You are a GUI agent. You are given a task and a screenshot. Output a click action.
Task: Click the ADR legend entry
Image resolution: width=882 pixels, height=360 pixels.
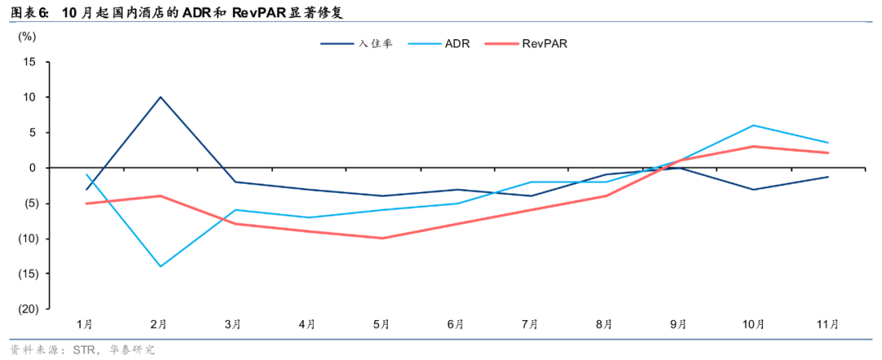457,44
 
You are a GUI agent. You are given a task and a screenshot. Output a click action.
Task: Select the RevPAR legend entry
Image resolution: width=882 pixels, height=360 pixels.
545,44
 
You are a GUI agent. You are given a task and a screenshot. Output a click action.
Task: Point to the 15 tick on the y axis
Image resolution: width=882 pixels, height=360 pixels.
30,62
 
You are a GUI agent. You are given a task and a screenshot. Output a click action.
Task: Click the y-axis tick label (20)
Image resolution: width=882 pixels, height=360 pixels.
28,309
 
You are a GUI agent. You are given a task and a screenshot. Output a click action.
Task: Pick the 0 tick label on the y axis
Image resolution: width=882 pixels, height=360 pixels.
33,168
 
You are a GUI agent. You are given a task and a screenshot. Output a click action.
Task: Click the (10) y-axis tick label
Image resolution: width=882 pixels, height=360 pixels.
28,238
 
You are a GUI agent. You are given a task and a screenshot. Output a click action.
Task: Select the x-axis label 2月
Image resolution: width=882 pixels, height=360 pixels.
160,324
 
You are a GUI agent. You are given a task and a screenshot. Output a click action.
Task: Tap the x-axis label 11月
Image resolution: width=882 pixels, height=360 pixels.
828,324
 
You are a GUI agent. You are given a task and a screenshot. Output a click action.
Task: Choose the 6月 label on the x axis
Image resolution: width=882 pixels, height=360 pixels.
457,324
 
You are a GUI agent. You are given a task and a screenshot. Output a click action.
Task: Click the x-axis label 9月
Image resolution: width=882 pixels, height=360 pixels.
679,324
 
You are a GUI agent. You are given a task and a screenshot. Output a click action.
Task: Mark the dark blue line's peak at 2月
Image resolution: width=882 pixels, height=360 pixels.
160,97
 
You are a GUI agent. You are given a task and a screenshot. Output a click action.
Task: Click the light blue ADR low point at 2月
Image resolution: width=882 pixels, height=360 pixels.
160,266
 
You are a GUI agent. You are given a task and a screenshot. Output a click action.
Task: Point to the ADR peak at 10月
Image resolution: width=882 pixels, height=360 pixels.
753,126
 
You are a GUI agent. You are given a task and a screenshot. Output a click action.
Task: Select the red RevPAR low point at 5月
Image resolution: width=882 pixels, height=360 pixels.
382,238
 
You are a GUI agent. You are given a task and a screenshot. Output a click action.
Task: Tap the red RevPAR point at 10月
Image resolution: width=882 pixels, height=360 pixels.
753,147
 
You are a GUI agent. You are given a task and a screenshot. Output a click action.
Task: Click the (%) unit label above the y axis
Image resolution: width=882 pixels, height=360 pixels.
27,37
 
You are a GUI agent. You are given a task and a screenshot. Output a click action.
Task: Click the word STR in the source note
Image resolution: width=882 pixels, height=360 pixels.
83,350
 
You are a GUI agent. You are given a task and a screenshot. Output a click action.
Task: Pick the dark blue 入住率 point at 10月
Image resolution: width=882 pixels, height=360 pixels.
753,189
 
